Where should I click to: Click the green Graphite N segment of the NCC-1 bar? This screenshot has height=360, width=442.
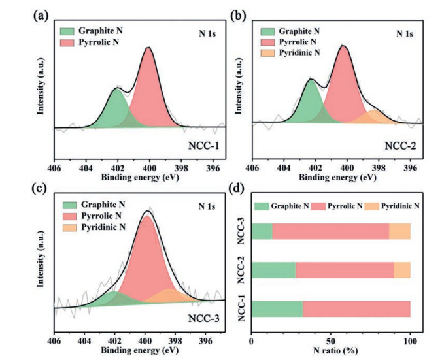[277, 308]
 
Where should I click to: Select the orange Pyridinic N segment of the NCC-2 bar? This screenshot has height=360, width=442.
[401, 270]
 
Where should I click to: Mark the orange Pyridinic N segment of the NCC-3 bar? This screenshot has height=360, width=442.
[399, 231]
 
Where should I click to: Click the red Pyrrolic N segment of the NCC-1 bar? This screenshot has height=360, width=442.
[356, 308]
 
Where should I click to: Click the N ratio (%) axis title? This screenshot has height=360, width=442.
[331, 349]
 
